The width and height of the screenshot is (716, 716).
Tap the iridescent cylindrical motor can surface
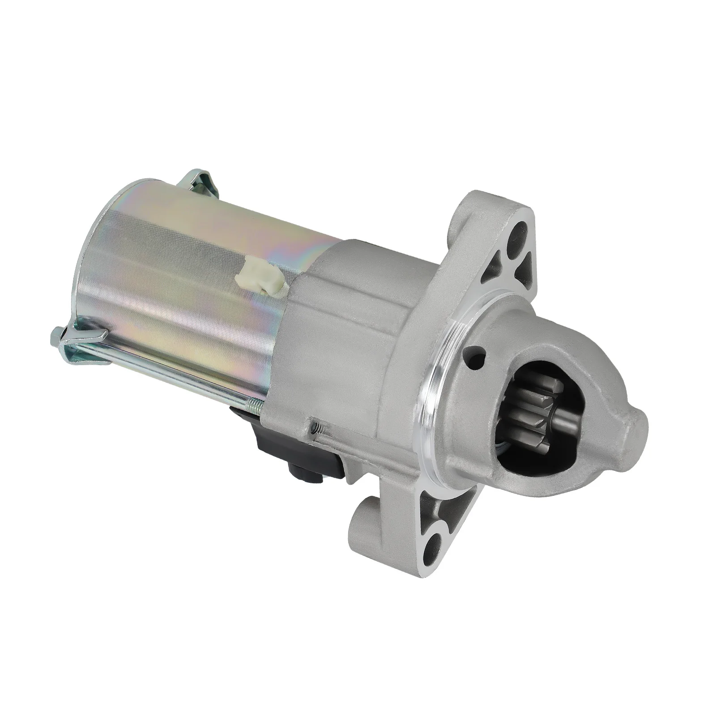pos(179,277)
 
